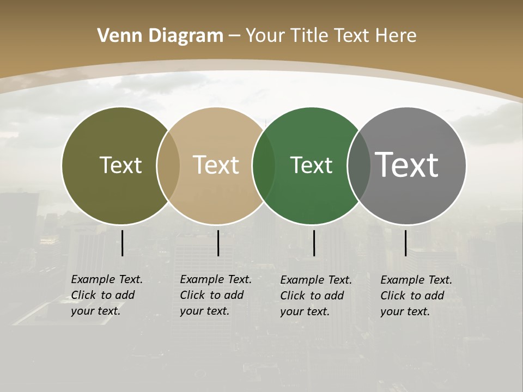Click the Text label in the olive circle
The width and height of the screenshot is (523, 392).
pyautogui.click(x=120, y=165)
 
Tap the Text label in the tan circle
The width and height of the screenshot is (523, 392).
pyautogui.click(x=216, y=165)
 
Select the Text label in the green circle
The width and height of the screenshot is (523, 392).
pyautogui.click(x=311, y=165)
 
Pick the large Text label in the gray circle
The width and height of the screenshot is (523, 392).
pyautogui.click(x=406, y=164)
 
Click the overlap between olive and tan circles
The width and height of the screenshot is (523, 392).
pyautogui.click(x=168, y=166)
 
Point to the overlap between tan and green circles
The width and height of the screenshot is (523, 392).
pyautogui.click(x=264, y=166)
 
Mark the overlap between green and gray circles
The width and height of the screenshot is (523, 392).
pyautogui.click(x=359, y=166)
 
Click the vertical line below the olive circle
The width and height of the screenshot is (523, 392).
pyautogui.click(x=123, y=243)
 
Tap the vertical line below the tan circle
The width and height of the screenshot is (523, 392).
pyautogui.click(x=218, y=243)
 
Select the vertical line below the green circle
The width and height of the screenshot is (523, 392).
pyautogui.click(x=314, y=243)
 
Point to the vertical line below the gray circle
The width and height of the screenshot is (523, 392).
pyautogui.click(x=406, y=243)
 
